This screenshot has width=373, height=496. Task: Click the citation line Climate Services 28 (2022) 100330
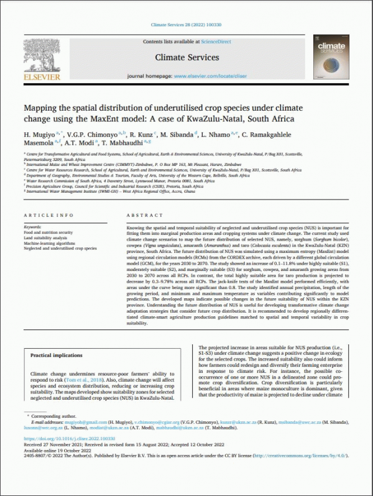pos(186,25)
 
